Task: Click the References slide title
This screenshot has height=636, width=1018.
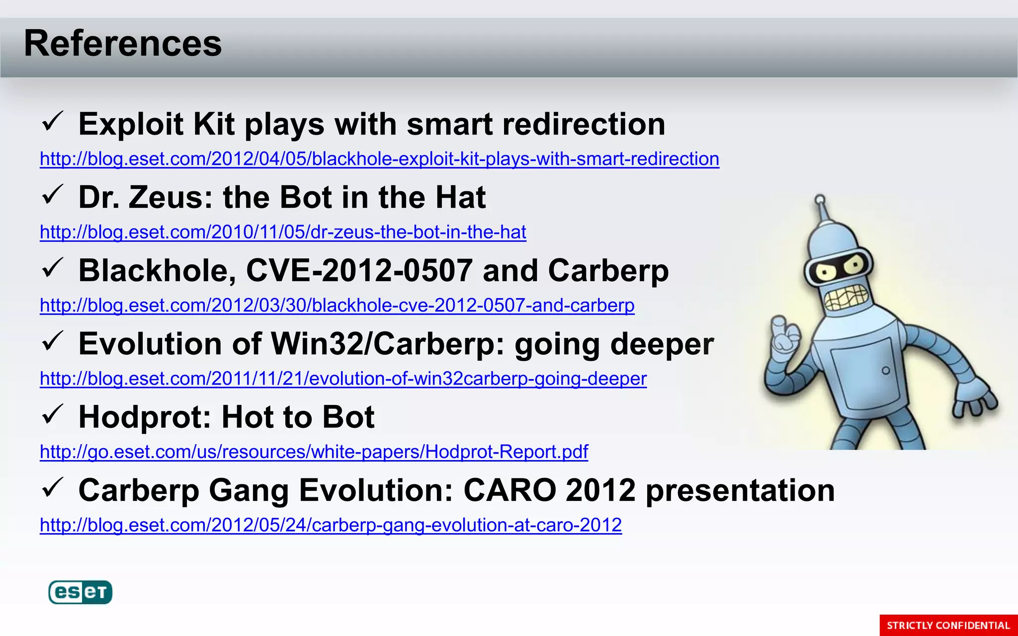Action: [123, 44]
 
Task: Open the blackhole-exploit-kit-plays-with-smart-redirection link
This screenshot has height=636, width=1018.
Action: [379, 159]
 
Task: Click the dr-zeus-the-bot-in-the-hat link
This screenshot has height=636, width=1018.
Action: [283, 232]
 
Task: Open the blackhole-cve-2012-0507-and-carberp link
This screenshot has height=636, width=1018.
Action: [337, 305]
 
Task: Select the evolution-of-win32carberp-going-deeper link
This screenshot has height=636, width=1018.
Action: [343, 379]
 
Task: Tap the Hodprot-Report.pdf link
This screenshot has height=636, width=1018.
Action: [314, 452]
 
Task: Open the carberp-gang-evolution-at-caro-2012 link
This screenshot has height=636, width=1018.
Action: [331, 525]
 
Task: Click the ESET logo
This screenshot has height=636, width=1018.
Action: [80, 592]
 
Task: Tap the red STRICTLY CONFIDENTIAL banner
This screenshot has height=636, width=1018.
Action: [948, 625]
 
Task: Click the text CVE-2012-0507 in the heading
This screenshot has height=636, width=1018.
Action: [359, 271]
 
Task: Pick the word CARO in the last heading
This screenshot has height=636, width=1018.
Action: [509, 490]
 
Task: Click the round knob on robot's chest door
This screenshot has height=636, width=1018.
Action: [886, 371]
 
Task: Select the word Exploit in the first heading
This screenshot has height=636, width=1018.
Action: [131, 124]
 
